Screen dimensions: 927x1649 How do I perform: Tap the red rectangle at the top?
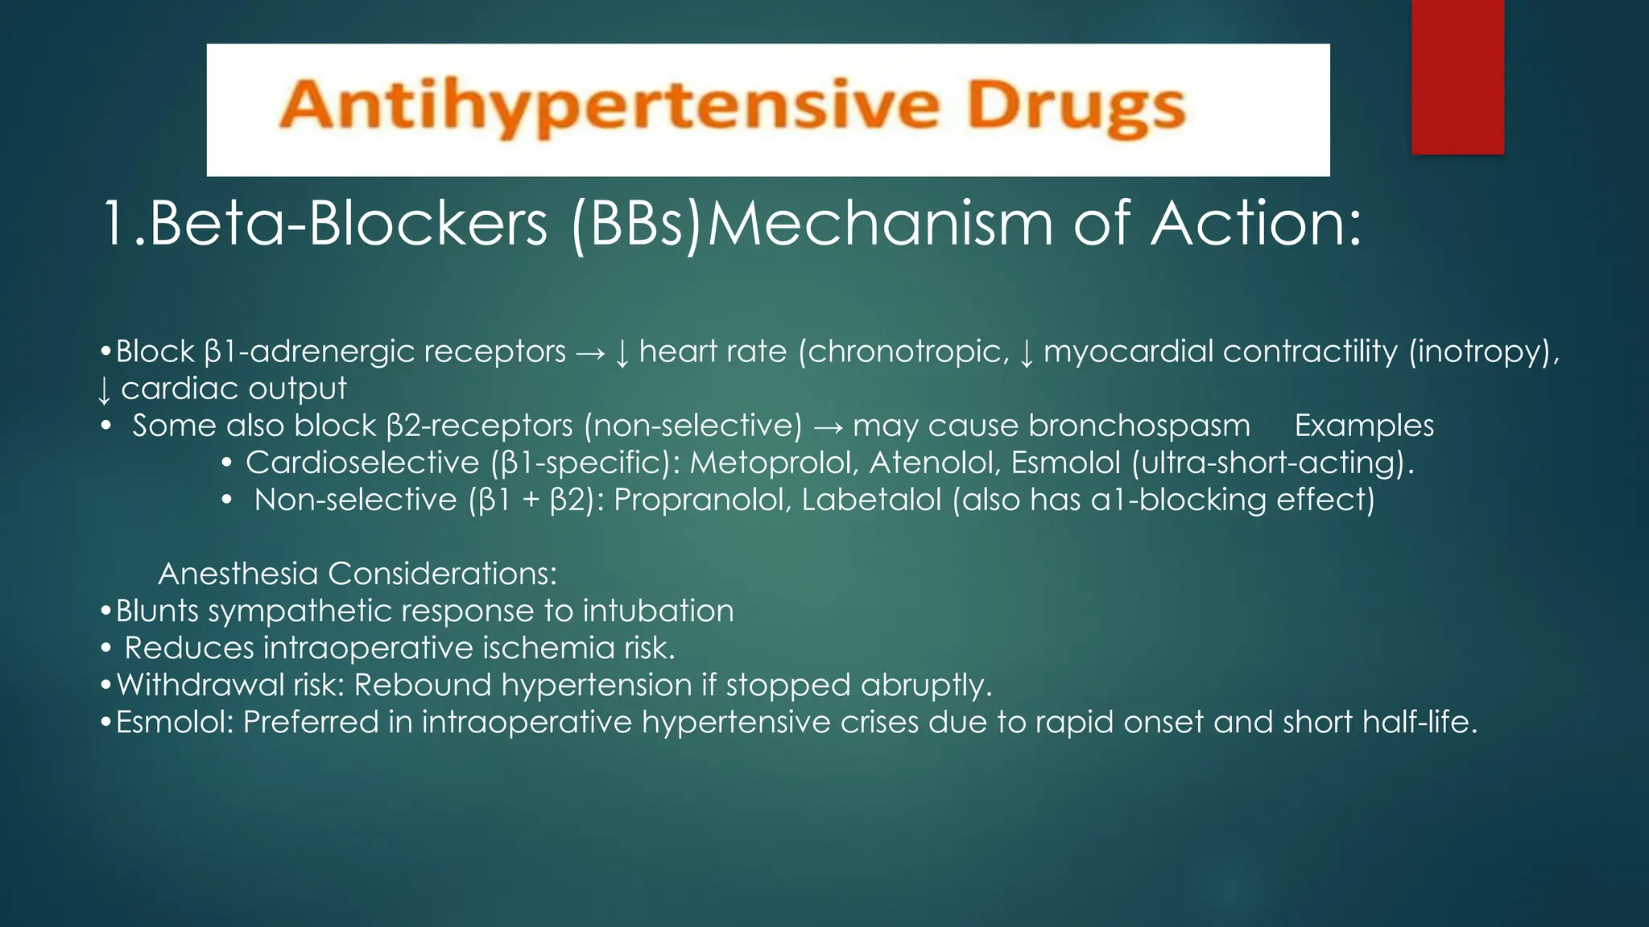[x=1457, y=76]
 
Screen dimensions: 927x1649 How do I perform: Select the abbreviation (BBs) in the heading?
[x=636, y=224]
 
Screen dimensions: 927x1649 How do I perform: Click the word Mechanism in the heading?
[x=879, y=224]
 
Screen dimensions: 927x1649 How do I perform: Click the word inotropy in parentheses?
[x=1483, y=352]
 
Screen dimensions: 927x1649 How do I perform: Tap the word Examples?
[x=1364, y=426]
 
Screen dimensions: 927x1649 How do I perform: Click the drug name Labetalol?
[x=871, y=500]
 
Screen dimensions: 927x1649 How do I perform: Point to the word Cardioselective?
[x=362, y=463]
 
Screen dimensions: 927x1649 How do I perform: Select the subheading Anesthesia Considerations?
[x=357, y=574]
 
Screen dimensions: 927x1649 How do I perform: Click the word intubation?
[x=658, y=611]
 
